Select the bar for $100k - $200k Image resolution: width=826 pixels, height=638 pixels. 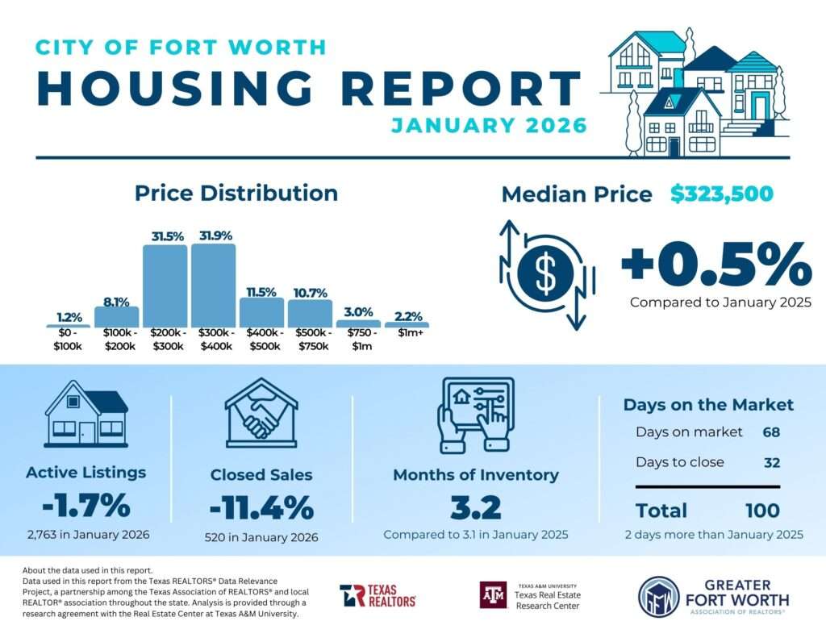coord(116,316)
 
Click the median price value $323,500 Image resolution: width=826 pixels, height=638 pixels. coord(722,194)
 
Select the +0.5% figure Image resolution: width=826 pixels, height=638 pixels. coord(715,263)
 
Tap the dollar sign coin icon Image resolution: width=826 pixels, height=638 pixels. coord(545,274)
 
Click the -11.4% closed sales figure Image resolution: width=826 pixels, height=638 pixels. coord(261,508)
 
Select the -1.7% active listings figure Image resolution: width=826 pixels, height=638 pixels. coord(86,505)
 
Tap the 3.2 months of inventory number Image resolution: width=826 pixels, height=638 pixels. coord(475,508)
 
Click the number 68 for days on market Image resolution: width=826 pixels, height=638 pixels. coord(772,432)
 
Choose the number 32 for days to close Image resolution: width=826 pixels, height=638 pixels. coord(772,462)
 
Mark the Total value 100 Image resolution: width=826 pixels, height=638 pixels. coord(762,511)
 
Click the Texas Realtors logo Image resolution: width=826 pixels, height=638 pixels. coord(378,595)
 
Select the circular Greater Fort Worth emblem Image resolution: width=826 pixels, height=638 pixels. coord(658,596)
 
